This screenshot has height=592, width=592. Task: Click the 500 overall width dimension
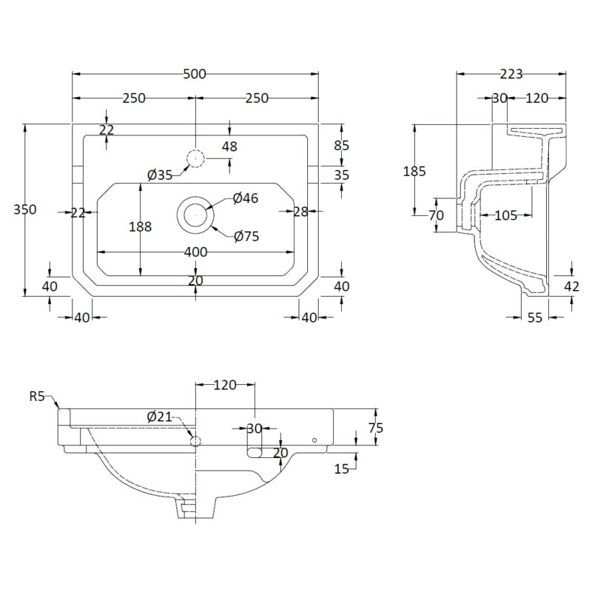(195, 74)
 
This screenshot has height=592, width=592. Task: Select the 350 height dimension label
(25, 209)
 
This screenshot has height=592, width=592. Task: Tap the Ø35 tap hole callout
(160, 175)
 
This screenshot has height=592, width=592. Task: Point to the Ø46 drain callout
(246, 198)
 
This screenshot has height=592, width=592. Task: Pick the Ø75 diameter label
(246, 237)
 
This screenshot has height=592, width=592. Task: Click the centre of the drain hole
(195, 215)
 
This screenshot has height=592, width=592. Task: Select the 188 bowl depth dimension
(141, 227)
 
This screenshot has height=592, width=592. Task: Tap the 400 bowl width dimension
(195, 252)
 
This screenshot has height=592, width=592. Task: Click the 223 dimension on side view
(511, 75)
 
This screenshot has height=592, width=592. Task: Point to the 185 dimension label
(414, 172)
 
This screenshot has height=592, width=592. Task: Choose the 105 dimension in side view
(505, 215)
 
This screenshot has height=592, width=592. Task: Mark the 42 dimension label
(571, 286)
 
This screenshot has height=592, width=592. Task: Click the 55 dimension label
(534, 317)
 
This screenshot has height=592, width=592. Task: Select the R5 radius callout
(37, 397)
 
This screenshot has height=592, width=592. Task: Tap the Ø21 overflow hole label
(159, 417)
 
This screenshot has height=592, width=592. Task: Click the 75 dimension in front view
(375, 428)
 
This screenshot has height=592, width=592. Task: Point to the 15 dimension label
(341, 469)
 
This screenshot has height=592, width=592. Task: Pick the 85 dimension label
(342, 145)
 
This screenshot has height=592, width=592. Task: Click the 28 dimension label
(300, 212)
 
